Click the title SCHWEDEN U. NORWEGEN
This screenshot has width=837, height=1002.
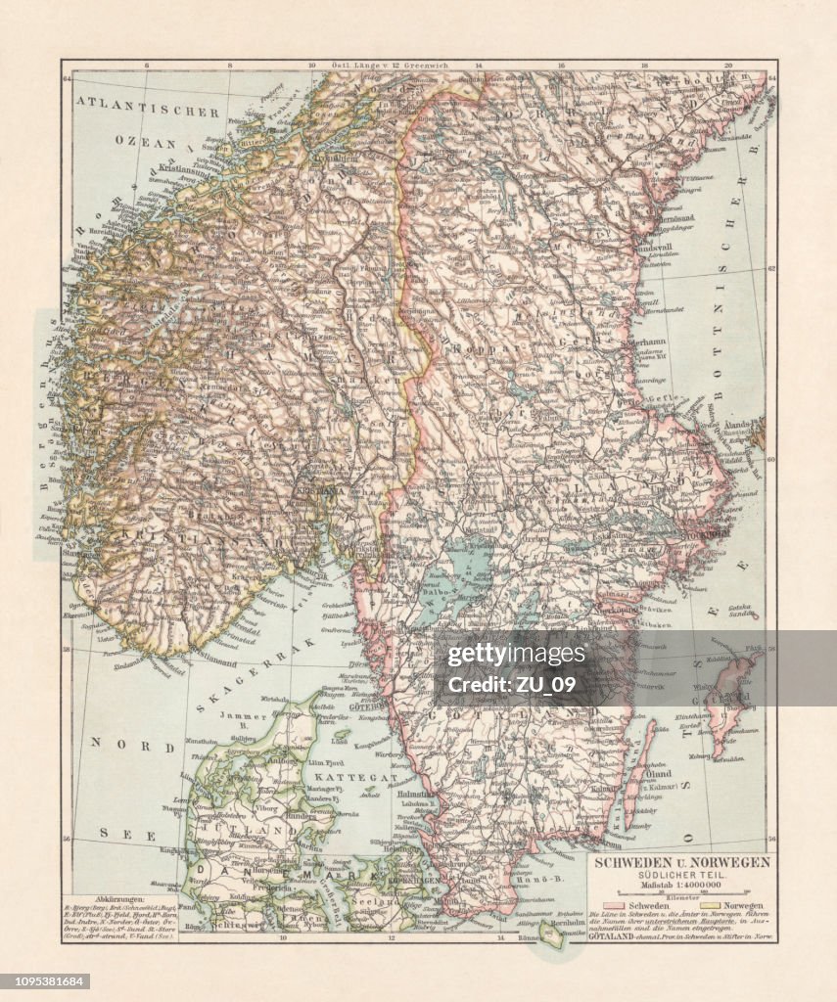coord(677,862)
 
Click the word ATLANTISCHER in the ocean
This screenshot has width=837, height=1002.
coord(149,112)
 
